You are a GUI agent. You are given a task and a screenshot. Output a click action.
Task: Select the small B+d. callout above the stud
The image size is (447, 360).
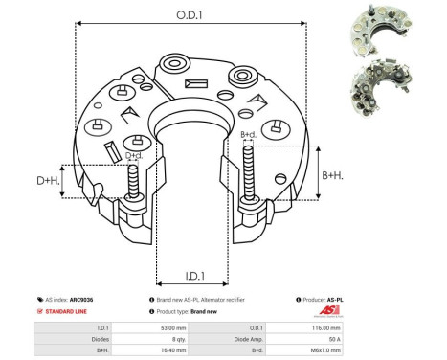248,135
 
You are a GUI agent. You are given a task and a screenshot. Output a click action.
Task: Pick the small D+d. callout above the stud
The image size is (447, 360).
134,155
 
